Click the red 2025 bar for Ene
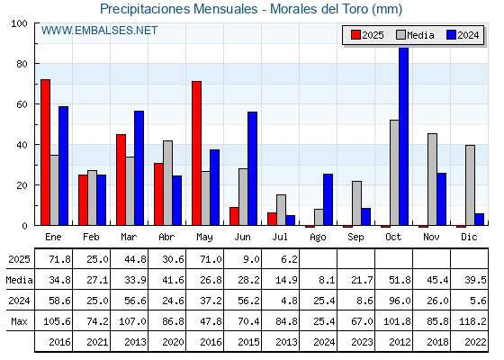pyautogui.click(x=45, y=152)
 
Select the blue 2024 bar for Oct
pyautogui.click(x=403, y=136)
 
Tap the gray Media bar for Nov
pyautogui.click(x=432, y=179)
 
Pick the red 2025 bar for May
pyautogui.click(x=197, y=153)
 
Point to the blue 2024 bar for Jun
pyautogui.click(x=252, y=168)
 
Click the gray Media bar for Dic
pyautogui.click(x=470, y=185)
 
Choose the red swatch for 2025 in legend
pyautogui.click(x=355, y=35)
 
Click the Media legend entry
pyautogui.click(x=416, y=35)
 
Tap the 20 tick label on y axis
pyautogui.click(x=22, y=185)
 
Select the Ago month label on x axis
pyautogui.click(x=318, y=238)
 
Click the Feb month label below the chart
pyautogui.click(x=91, y=237)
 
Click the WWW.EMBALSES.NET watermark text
pyautogui.click(x=99, y=31)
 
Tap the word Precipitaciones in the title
pyautogui.click(x=145, y=9)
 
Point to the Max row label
pyautogui.click(x=19, y=321)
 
